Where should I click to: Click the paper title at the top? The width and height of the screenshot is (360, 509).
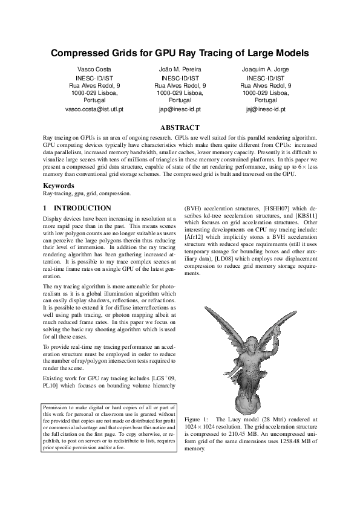tap(180, 53)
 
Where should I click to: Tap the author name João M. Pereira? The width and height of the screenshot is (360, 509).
tap(180, 70)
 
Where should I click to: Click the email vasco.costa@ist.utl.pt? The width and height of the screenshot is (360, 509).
tap(94, 109)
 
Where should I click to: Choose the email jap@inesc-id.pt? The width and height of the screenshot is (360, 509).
tap(180, 109)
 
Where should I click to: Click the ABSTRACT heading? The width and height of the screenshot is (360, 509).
tap(180, 128)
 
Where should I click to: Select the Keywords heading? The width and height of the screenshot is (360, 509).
tap(58, 186)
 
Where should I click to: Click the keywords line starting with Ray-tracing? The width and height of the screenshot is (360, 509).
tap(87, 193)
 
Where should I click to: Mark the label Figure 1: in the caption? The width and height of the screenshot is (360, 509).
tap(196, 419)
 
